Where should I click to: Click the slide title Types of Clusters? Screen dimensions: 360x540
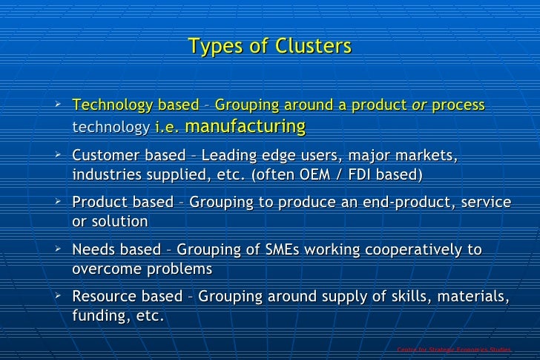[x=269, y=47]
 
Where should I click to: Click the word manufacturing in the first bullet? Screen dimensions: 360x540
[x=245, y=126]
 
